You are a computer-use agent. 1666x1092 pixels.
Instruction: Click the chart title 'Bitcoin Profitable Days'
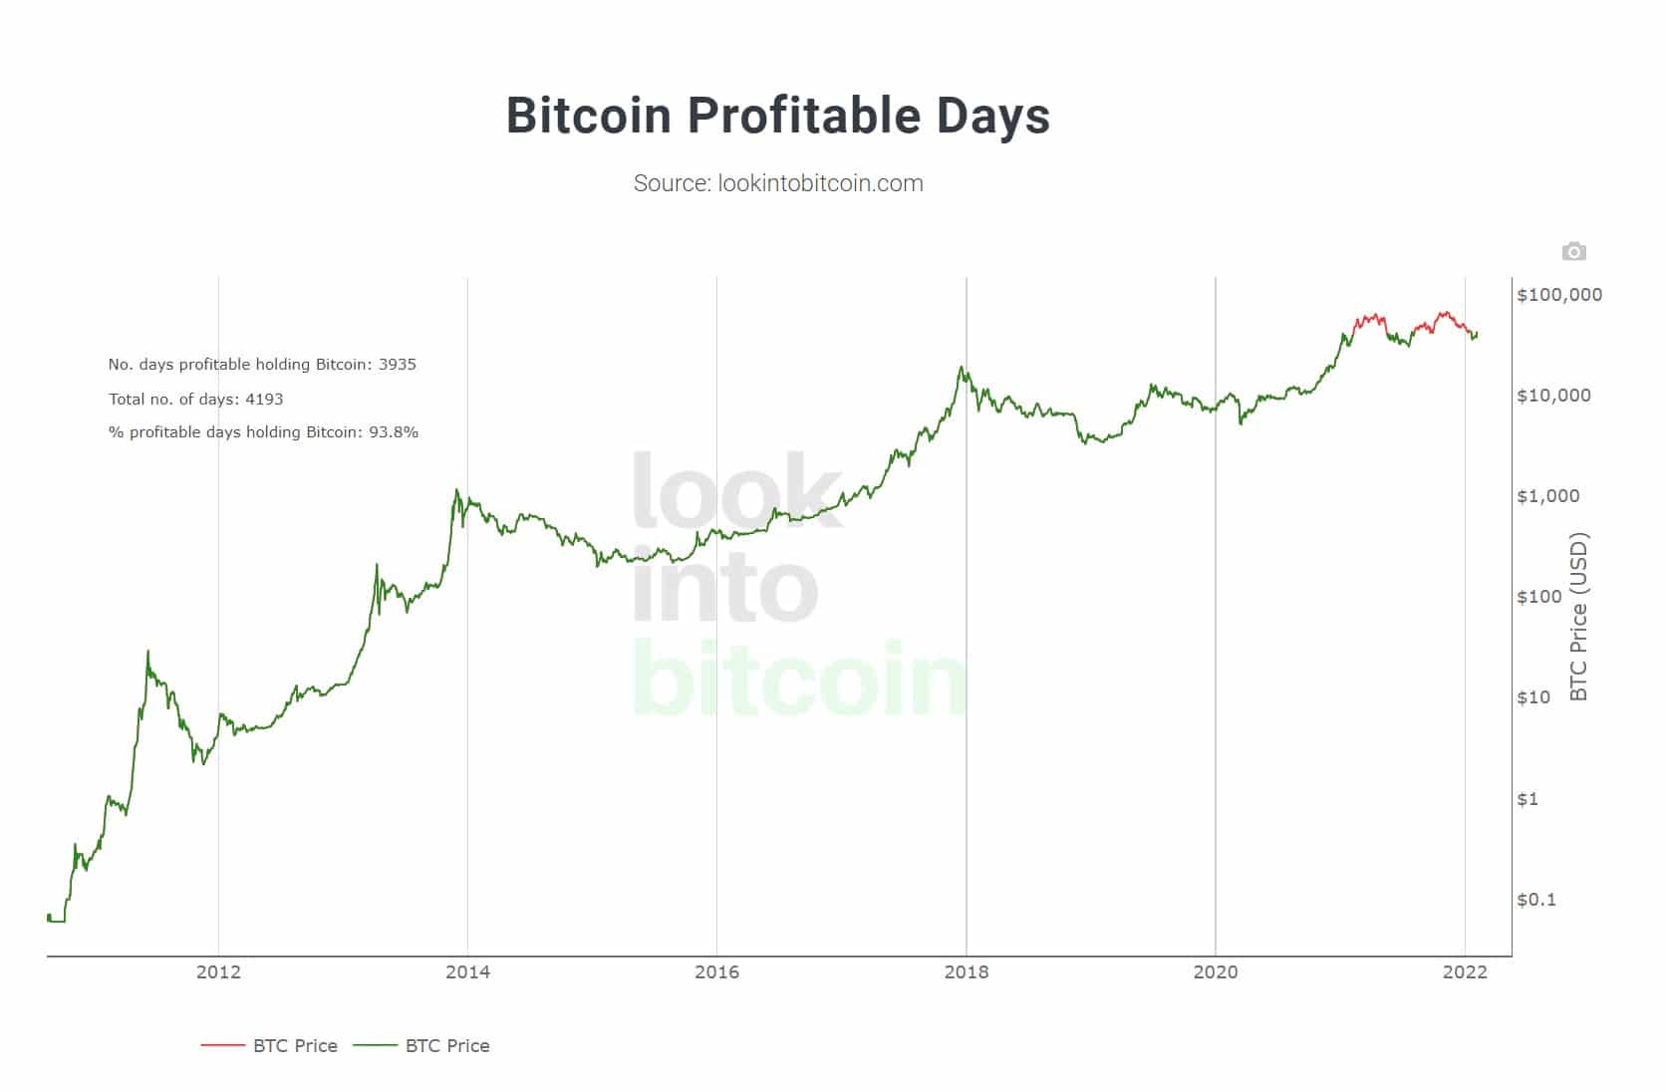coord(777,116)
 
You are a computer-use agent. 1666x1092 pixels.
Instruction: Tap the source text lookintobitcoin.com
coord(778,183)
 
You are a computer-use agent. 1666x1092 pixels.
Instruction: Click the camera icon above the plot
coord(1573,251)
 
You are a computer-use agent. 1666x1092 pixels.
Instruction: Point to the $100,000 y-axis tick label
coord(1558,295)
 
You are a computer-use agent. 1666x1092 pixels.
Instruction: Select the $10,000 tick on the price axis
coord(1553,396)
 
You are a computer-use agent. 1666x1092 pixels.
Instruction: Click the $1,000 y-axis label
coord(1547,496)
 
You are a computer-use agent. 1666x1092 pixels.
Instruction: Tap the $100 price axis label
coord(1539,597)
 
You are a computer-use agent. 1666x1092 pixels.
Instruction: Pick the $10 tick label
coord(1533,697)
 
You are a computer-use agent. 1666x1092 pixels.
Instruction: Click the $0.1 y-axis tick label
coord(1535,900)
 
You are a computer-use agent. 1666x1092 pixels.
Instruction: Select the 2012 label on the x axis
coord(218,972)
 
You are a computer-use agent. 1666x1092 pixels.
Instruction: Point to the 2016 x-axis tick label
coord(716,972)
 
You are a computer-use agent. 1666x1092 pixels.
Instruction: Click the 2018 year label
coord(966,972)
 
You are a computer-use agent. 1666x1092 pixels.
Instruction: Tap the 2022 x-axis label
coord(1464,972)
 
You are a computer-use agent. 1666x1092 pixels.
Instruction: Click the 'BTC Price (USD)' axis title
coord(1578,617)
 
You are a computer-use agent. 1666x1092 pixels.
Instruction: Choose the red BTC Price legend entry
coord(269,1046)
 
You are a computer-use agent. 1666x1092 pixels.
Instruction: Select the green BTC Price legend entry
coord(421,1046)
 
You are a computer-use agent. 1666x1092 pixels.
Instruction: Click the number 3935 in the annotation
coord(398,365)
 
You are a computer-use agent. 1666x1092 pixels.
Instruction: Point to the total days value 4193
coord(264,400)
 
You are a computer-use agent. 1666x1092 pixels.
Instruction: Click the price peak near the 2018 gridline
coord(961,368)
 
